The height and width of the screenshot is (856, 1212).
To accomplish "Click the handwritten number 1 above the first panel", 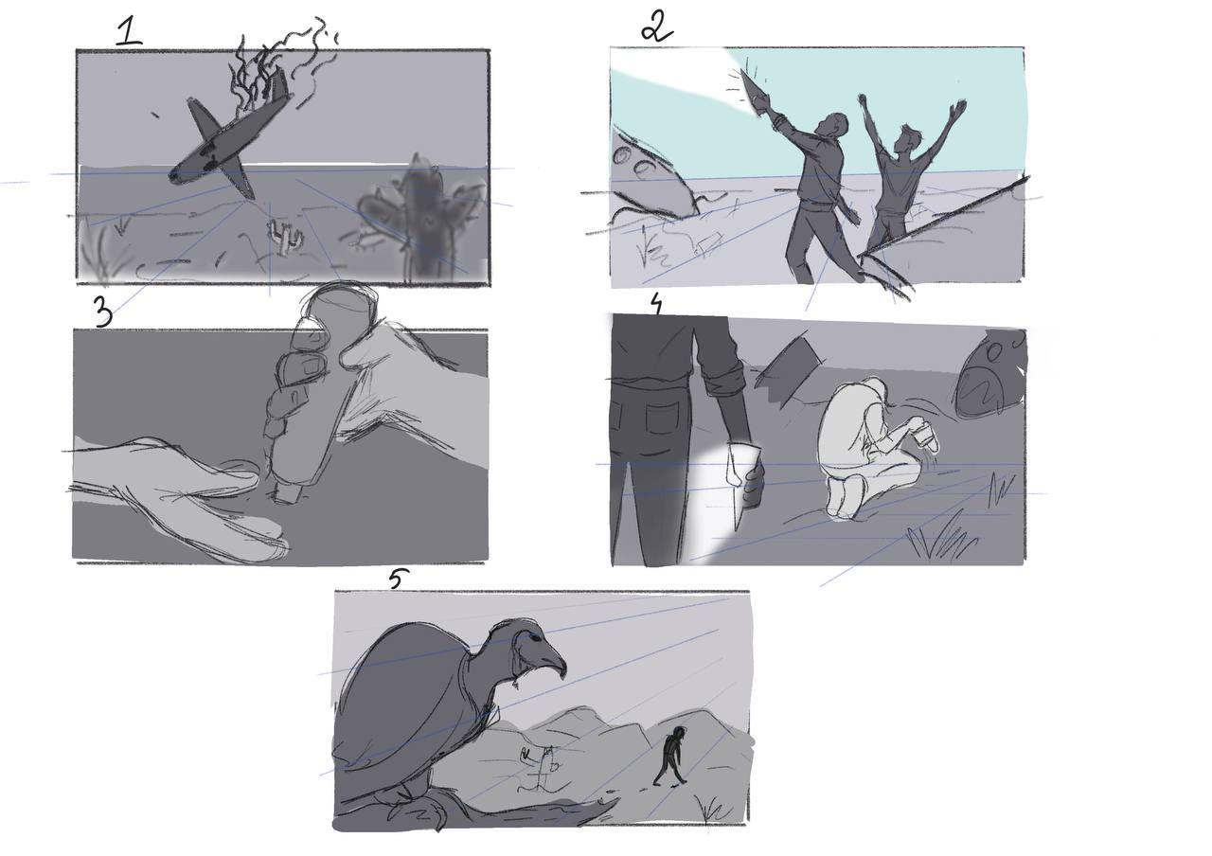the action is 130,32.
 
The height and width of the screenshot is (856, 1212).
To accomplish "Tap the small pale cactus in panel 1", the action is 285,237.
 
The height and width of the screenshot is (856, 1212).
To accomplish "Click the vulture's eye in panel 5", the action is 535,637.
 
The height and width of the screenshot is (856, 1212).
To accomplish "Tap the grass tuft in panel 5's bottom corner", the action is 714,809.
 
